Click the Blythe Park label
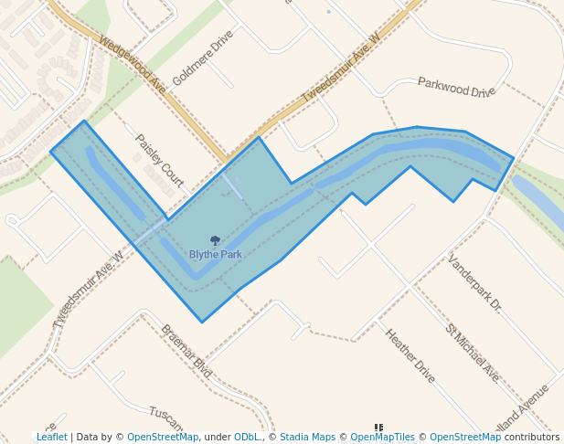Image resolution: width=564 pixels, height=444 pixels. click(x=216, y=254)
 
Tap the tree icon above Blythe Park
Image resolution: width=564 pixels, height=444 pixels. click(x=216, y=241)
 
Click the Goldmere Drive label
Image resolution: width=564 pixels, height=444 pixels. click(x=203, y=57)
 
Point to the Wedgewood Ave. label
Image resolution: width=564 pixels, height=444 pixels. click(x=133, y=65)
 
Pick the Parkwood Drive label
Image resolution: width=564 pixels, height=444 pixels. click(x=456, y=88)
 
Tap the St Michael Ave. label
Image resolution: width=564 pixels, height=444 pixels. click(x=473, y=352)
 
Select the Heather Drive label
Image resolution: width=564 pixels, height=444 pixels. click(x=410, y=355)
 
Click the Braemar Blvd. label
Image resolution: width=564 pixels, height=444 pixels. click(x=186, y=351)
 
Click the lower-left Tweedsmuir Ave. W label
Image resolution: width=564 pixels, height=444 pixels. click(x=88, y=290)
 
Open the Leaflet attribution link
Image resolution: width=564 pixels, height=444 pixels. click(x=52, y=438)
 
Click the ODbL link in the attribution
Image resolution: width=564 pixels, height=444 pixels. click(x=247, y=438)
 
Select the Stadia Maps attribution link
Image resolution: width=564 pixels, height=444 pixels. click(x=307, y=438)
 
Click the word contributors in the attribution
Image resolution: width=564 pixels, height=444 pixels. click(x=531, y=438)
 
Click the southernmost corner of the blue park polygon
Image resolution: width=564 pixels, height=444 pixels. click(x=202, y=322)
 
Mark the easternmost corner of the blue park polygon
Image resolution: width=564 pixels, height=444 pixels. click(x=513, y=158)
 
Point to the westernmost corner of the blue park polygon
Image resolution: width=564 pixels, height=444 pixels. click(x=50, y=151)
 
